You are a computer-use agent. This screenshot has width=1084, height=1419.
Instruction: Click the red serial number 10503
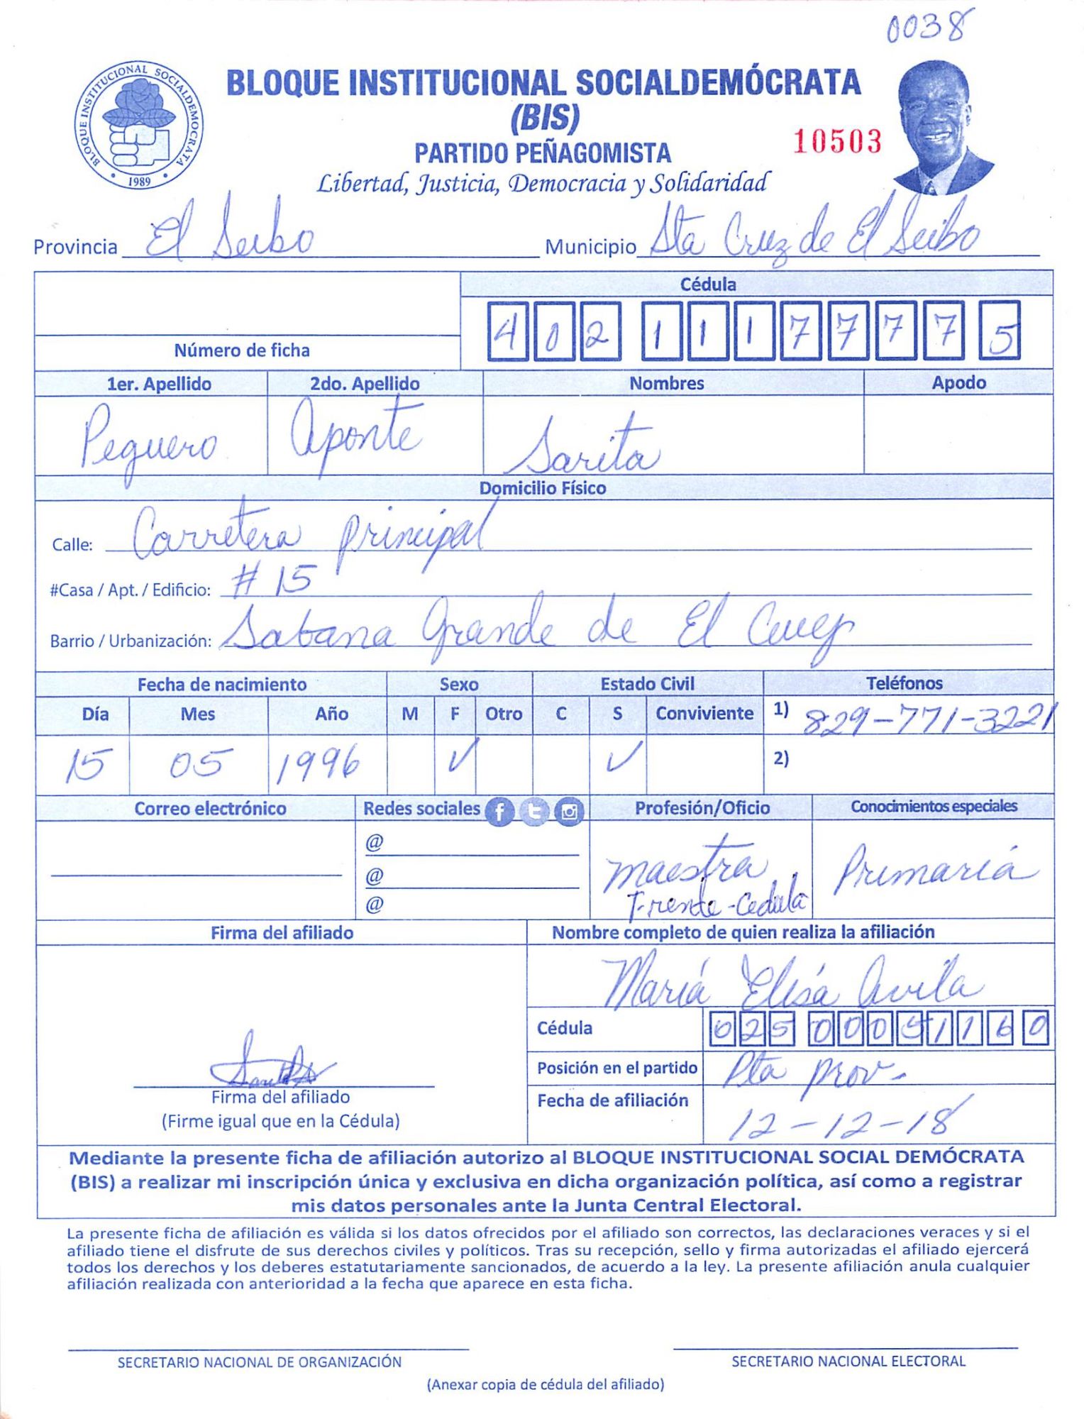(x=837, y=141)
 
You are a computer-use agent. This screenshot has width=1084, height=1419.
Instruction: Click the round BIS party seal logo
(x=139, y=125)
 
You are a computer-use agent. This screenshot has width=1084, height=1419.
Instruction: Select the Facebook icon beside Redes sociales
(x=499, y=812)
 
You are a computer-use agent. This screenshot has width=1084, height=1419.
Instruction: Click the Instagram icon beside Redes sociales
(x=569, y=812)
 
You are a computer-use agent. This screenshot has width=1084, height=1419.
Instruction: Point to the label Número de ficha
(x=242, y=350)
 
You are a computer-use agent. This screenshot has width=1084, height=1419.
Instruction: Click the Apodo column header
(x=958, y=383)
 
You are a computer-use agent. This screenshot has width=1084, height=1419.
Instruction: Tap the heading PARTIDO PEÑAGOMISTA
(x=543, y=153)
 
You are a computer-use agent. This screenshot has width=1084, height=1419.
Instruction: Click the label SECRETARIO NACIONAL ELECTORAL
(x=848, y=1362)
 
